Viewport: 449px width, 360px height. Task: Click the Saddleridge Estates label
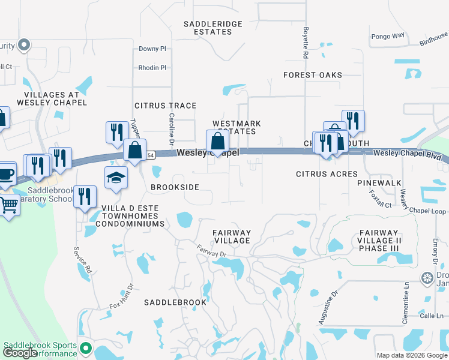tap(213, 28)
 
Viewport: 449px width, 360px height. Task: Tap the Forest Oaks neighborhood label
tap(313, 75)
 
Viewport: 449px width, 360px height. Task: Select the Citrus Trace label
tap(165, 106)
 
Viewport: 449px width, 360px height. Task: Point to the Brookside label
tap(175, 187)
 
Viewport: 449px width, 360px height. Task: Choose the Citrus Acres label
tap(327, 174)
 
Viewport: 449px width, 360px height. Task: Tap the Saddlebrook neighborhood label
tap(175, 302)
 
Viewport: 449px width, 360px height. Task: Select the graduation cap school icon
tap(116, 177)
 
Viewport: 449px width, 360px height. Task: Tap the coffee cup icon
tap(6, 173)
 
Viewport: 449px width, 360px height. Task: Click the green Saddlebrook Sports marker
tap(85, 348)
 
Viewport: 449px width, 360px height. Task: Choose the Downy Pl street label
tap(152, 49)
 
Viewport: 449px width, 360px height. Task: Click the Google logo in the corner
tap(20, 353)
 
